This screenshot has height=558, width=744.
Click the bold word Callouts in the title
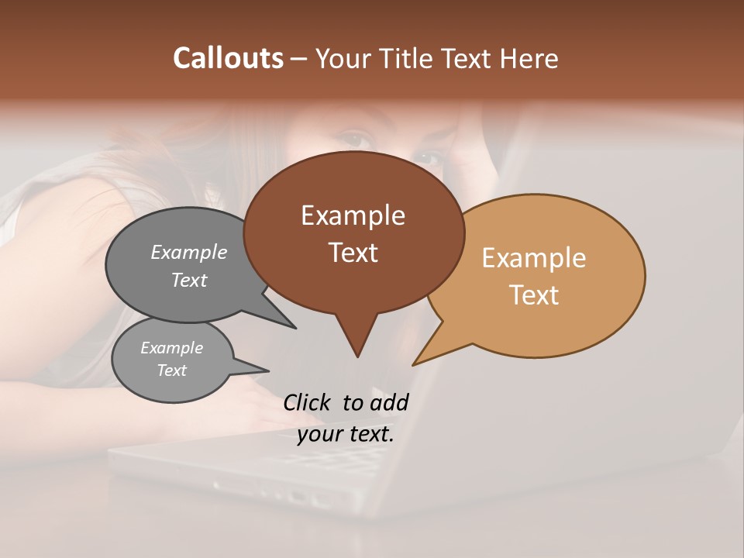point(228,58)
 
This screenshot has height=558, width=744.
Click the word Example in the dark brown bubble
point(353,215)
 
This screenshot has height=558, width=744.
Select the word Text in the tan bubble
point(534,295)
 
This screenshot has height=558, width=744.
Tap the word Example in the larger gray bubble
point(189,252)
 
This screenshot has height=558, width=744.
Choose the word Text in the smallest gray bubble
point(172,370)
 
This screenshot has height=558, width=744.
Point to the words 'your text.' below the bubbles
point(346,434)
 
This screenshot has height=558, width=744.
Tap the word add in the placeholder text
point(390,402)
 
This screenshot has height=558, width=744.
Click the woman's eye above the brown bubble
point(356,139)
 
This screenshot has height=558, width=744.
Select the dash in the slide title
point(300,59)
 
